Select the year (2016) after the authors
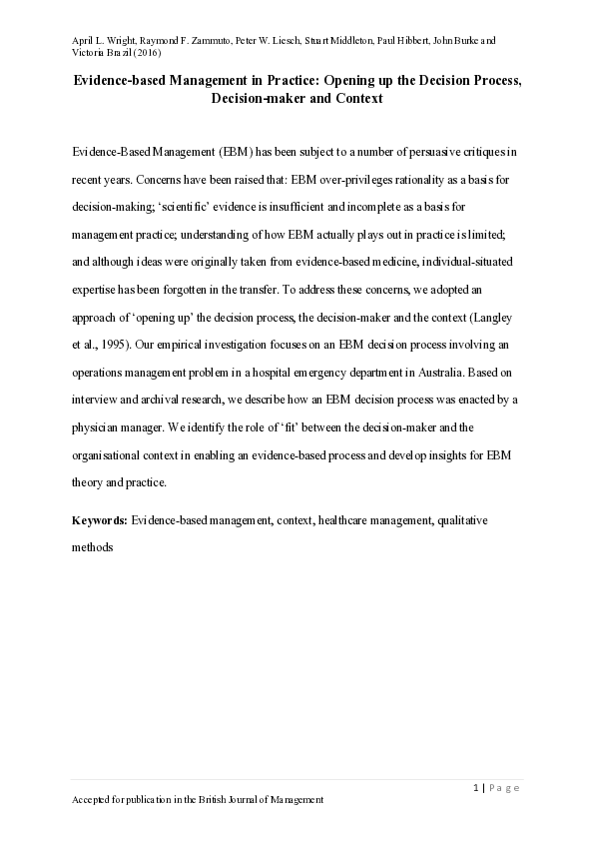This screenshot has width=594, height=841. pos(144,54)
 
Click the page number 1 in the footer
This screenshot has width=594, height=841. pos(477,788)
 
